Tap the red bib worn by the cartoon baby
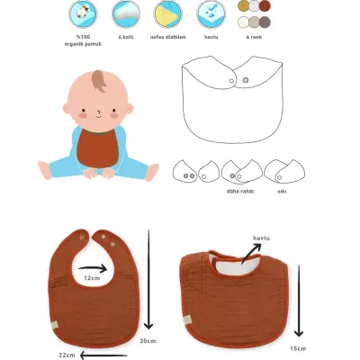pos(96,146)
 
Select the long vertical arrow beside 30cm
pos(148,279)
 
